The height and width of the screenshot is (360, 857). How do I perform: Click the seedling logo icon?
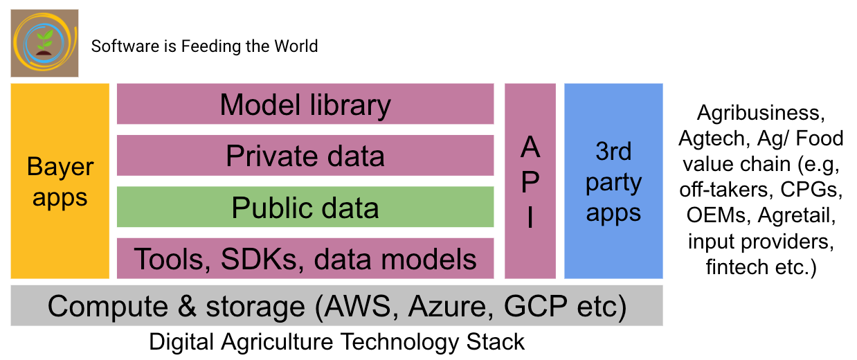pyautogui.click(x=45, y=43)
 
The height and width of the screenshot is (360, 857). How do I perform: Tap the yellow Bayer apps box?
pyautogui.click(x=60, y=181)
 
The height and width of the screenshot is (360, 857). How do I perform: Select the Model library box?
pyautogui.click(x=305, y=104)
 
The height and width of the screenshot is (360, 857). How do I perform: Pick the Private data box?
pyautogui.click(x=305, y=155)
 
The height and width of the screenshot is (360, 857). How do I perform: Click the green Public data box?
pyautogui.click(x=305, y=207)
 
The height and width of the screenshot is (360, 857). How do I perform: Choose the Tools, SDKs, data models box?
pyautogui.click(x=305, y=258)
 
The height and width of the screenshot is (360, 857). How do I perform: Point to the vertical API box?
pyautogui.click(x=530, y=181)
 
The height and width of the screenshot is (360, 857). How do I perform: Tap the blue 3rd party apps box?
pyautogui.click(x=613, y=181)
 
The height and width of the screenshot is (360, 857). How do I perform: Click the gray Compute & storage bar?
pyautogui.click(x=336, y=305)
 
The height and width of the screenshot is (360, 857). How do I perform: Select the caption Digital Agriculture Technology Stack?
pyautogui.click(x=336, y=341)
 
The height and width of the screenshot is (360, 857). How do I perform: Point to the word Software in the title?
pyautogui.click(x=125, y=46)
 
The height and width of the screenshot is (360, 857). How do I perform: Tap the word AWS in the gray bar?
pyautogui.click(x=357, y=306)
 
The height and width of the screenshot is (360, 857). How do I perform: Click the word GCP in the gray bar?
pyautogui.click(x=536, y=306)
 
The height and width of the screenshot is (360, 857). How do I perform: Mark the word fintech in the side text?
pyautogui.click(x=736, y=267)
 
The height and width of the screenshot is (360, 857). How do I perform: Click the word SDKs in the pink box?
pyautogui.click(x=259, y=259)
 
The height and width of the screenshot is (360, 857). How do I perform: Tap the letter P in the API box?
pyautogui.click(x=530, y=181)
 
